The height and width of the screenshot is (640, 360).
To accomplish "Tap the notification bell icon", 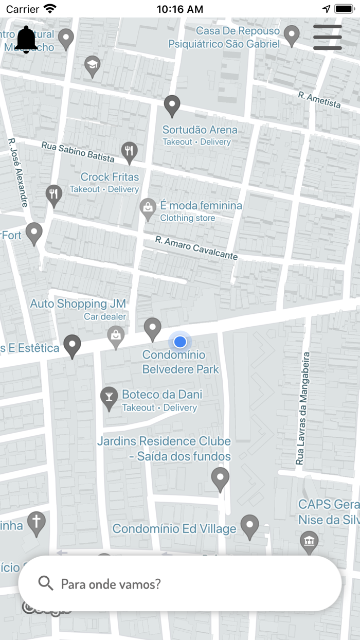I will (x=26, y=40).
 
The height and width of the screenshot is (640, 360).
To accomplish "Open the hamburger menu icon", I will (x=328, y=37).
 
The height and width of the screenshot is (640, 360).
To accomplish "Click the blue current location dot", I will (x=179, y=342).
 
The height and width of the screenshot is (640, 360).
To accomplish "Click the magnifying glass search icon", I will (x=46, y=583).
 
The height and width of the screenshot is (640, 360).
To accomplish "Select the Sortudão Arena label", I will (x=200, y=130).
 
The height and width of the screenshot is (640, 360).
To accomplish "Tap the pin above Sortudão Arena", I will (x=172, y=105).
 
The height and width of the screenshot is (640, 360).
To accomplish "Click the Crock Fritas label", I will (x=110, y=177).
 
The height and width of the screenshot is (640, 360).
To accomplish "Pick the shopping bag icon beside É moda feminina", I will (x=148, y=208).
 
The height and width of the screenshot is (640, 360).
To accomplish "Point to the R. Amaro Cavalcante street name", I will (x=196, y=248).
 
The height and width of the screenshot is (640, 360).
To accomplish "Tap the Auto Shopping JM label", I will (x=78, y=304).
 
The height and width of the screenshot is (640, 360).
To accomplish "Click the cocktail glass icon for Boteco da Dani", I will (x=109, y=397).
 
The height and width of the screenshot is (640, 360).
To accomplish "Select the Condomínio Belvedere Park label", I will (x=181, y=362).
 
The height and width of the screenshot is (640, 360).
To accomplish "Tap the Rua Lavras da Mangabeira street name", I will (x=303, y=408).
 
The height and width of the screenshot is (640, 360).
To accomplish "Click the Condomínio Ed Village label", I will (x=174, y=528).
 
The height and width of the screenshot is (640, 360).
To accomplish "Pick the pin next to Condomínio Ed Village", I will (x=250, y=526).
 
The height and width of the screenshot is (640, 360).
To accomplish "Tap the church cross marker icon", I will (x=37, y=522).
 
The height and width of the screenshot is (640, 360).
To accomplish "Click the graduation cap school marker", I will (x=92, y=65).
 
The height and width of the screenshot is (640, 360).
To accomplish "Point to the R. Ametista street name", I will (x=319, y=100).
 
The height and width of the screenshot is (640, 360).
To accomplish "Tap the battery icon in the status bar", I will (x=344, y=9).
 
